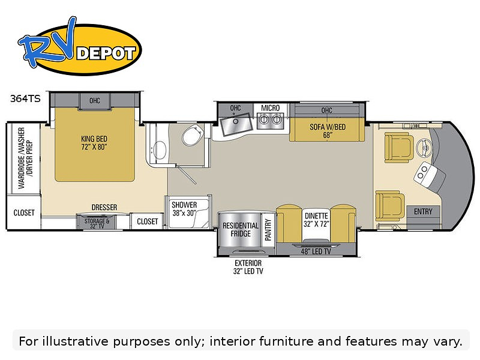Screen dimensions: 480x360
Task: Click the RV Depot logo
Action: pos(79,47)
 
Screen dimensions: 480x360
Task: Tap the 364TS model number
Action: pos(25,98)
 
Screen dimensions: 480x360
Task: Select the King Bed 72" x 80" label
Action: pos(94,143)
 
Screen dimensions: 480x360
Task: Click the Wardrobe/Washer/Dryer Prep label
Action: pos(25,158)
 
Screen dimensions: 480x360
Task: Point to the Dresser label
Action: pos(104,207)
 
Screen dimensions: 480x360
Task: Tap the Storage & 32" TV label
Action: pos(97,223)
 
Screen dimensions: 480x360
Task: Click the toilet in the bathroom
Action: pos(193,136)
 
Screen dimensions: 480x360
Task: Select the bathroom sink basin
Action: pos(160,150)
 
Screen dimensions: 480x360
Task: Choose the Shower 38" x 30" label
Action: pos(184,209)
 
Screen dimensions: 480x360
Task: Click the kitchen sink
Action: pos(236,124)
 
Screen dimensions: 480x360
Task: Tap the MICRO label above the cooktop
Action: pos(271,108)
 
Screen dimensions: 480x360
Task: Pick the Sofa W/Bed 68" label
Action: pos(328,131)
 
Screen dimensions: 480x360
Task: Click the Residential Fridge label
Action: pos(241,230)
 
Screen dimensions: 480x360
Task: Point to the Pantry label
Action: pos(268,230)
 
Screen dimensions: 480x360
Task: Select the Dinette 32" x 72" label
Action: pos(316,220)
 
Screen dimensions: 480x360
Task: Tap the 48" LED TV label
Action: pos(316,251)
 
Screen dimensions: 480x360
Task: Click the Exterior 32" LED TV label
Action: pos(248,267)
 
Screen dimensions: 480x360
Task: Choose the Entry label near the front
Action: pos(423,211)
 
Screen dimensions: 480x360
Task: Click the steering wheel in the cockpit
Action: pos(425,148)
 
